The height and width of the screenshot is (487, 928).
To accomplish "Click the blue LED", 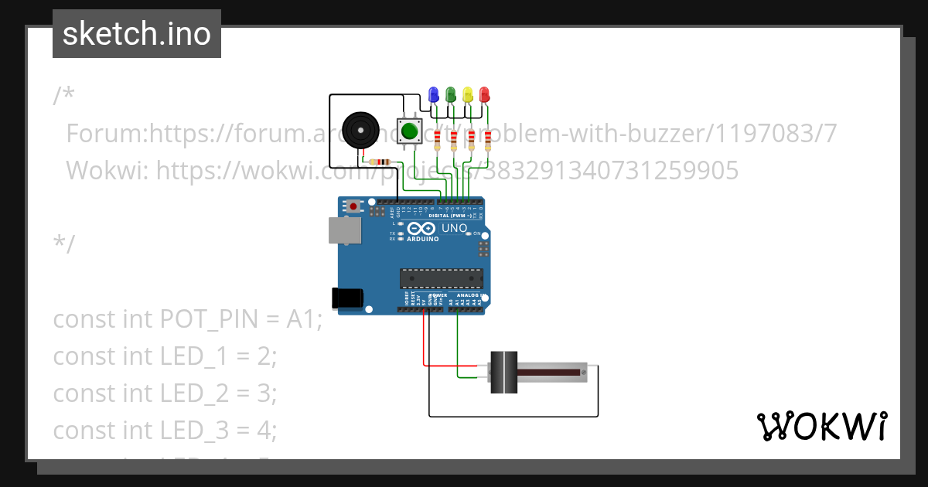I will [x=433, y=95].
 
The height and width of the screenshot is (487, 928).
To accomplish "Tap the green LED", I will [x=451, y=95].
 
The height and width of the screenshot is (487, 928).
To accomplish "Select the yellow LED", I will [x=468, y=95].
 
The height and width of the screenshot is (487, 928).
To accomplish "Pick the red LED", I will [x=485, y=95].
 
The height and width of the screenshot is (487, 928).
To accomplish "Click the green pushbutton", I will [x=408, y=131].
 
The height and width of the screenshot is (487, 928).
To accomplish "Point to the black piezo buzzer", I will [x=361, y=130].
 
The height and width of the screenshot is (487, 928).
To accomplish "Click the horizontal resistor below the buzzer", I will [x=380, y=162].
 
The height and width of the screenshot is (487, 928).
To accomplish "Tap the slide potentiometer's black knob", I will [x=504, y=373].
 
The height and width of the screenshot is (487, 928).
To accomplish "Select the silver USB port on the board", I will [x=344, y=230].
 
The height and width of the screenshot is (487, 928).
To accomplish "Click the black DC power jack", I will [x=346, y=298].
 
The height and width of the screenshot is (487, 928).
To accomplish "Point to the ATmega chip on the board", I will [x=441, y=278].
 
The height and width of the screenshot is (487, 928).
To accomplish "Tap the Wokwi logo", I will [x=821, y=427].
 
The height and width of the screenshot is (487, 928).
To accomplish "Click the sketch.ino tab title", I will [x=137, y=34].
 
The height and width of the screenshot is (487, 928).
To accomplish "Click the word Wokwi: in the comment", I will [x=107, y=169].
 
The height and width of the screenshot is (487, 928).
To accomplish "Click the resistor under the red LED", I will [x=487, y=141].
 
